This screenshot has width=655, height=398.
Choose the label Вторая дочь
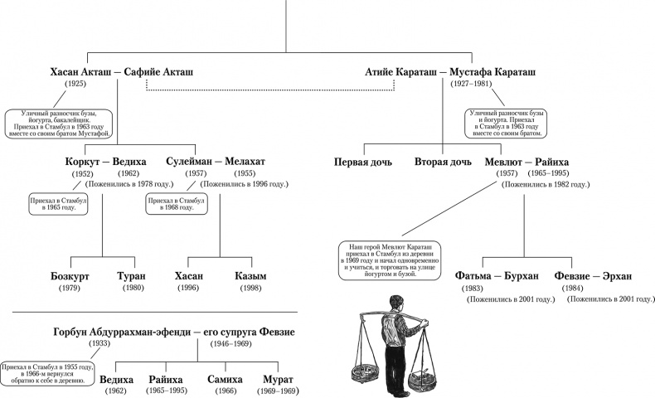tap(443, 161)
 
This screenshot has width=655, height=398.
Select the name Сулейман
tap(192, 161)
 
